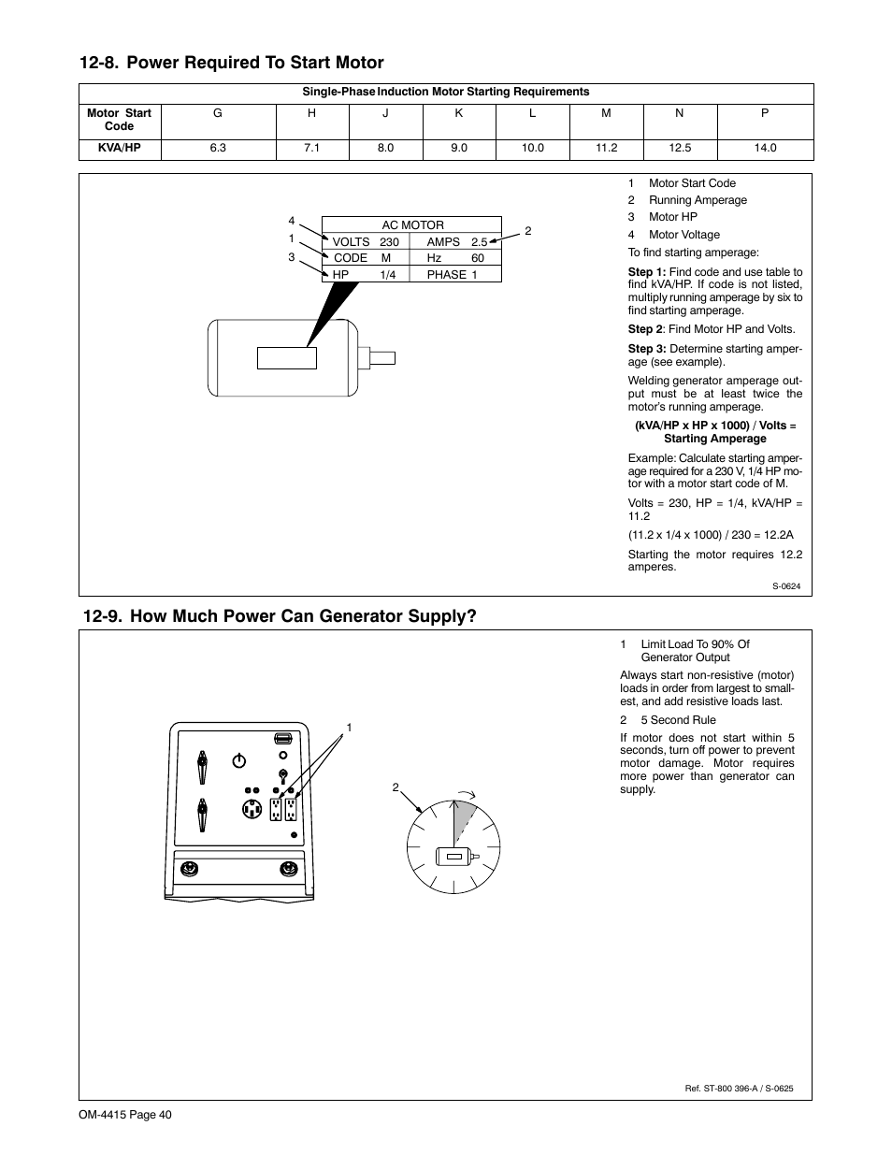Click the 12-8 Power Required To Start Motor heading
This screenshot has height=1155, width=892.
[232, 63]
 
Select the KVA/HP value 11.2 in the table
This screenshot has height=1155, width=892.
[606, 148]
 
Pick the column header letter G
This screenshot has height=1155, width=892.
[218, 112]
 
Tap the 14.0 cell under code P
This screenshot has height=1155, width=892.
[765, 148]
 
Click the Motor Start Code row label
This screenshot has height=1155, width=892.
[119, 119]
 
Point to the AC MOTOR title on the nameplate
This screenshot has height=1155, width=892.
[412, 225]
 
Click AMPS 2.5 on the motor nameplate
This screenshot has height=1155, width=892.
[456, 241]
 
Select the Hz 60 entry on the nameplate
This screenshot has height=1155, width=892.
[455, 258]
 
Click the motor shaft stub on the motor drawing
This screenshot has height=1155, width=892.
[383, 357]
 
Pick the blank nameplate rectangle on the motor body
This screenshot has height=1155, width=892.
[287, 358]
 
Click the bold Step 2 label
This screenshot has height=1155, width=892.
[644, 329]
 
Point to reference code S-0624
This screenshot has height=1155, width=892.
[785, 586]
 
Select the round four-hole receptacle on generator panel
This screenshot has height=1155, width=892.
[251, 810]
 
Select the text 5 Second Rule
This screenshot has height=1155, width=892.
[678, 720]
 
